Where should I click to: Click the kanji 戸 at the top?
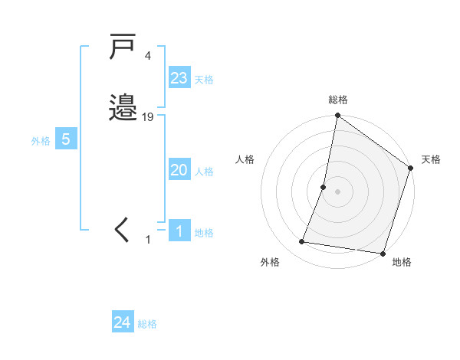pos(123,47)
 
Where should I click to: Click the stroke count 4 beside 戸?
pos(147,56)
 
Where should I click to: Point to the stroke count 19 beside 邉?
pos(148,117)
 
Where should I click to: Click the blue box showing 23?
pos(179,78)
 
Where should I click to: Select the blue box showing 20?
pos(179,170)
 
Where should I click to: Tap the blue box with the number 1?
pos(179,231)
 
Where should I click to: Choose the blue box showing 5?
pos(66,139)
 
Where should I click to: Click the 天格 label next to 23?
pos(204,80)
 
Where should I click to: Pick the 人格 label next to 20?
pos(204,172)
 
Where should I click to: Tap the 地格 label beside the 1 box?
pos(204,233)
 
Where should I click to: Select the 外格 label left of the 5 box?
pos(41,141)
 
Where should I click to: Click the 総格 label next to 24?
pos(147,324)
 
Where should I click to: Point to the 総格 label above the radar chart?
pos(338,100)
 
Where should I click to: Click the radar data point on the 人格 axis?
pos(324,187)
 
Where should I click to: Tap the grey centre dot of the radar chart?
pos(338,191)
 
